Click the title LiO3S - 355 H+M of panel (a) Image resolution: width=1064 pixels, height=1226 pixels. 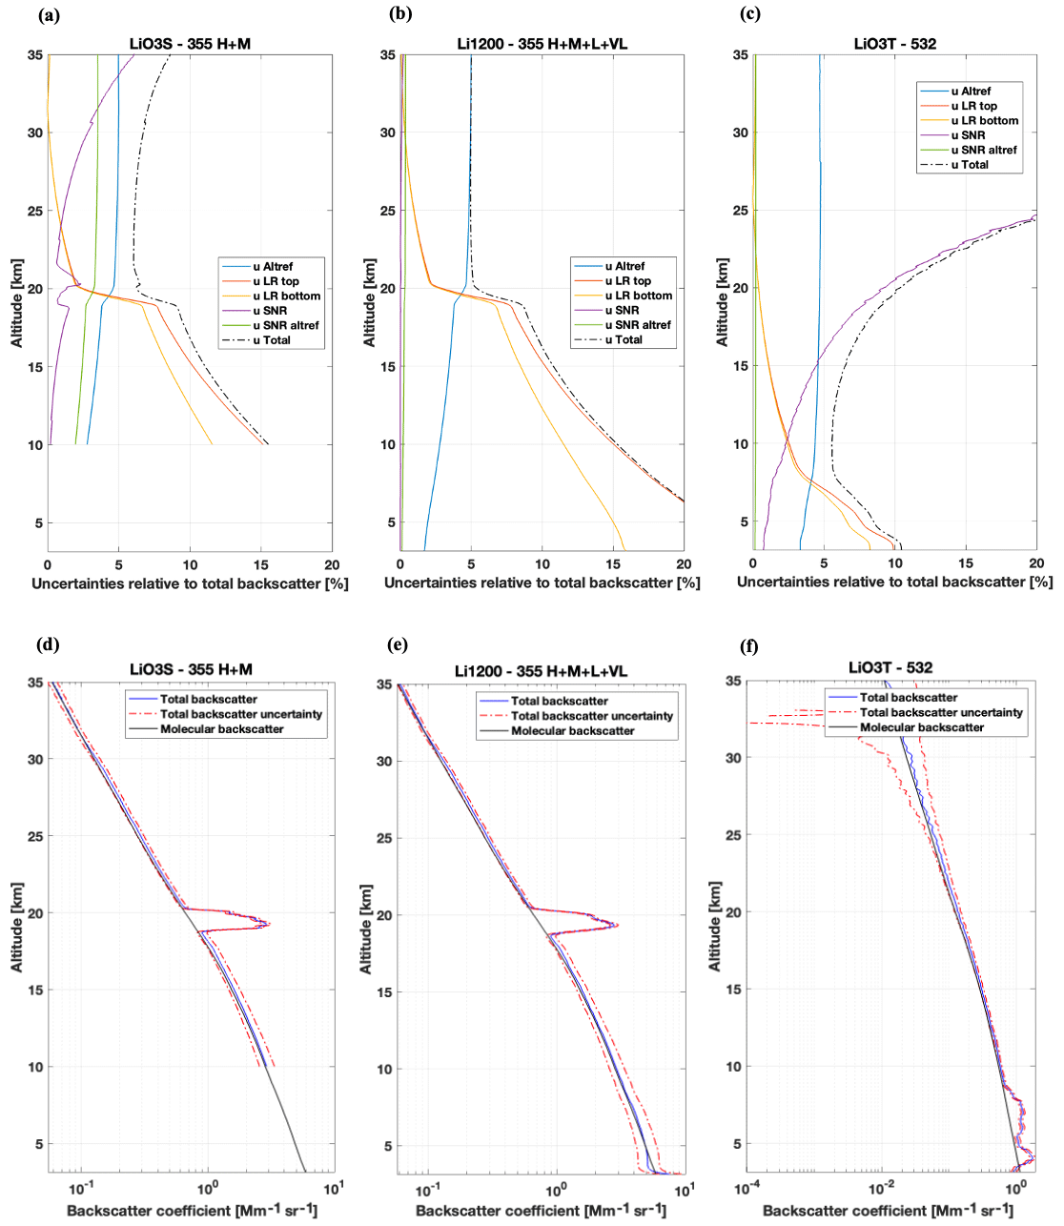coord(190,44)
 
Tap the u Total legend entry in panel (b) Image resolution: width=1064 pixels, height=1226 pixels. coord(628,339)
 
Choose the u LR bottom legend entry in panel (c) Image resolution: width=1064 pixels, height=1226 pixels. coord(985,121)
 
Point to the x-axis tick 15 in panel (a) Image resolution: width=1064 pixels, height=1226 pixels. coord(260,564)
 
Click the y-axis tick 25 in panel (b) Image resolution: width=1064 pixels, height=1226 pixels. coord(388,211)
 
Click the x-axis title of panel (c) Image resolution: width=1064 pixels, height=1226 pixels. coord(894,582)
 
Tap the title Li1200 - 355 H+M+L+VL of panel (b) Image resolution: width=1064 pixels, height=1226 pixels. coord(542,44)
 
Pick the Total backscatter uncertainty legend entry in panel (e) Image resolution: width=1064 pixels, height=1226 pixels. coord(591,716)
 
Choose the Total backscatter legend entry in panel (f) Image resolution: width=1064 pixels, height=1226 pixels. coord(909,698)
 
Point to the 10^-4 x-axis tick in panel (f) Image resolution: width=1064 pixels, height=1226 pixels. coord(747,1189)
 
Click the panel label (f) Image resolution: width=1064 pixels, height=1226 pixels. coord(749,646)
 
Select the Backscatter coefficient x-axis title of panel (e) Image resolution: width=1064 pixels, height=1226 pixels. coord(541,1211)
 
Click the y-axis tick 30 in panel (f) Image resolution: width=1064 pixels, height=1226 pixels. coord(733,758)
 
